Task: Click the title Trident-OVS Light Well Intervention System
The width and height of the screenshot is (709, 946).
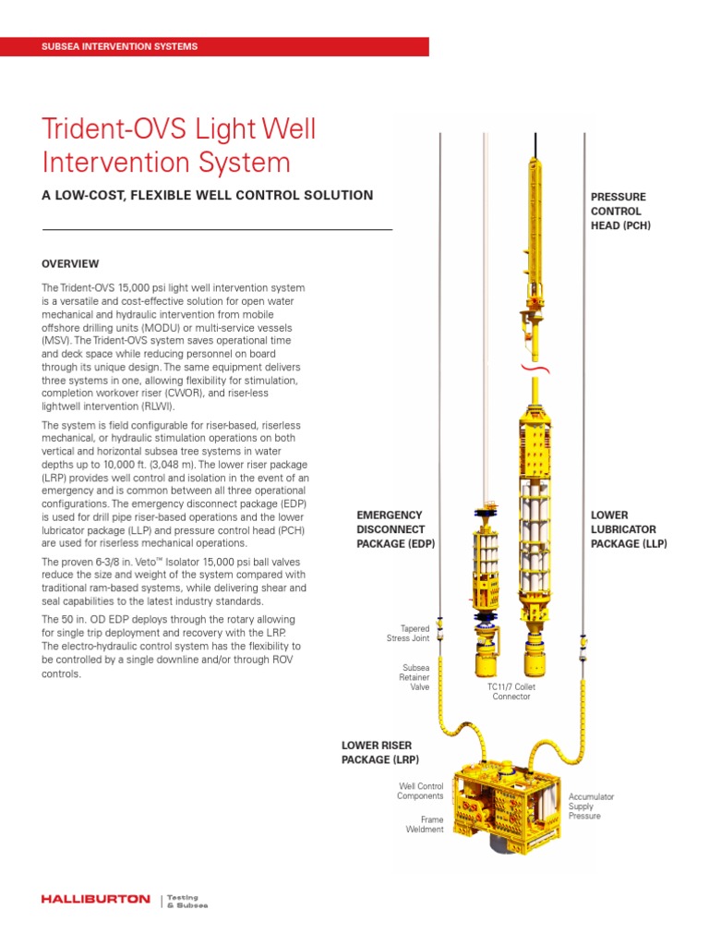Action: coord(180,146)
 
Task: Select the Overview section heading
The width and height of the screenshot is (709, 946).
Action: coord(70,264)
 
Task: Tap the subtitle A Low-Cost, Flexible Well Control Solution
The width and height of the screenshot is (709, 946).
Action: coord(208,196)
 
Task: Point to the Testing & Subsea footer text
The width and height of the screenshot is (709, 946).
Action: coord(186,901)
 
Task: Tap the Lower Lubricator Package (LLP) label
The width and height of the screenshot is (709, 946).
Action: coord(628,529)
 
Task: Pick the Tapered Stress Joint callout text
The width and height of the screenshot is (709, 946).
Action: coord(408,633)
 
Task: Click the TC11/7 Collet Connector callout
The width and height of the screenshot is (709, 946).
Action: coord(509,692)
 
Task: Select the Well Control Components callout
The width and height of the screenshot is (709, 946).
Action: coord(420,791)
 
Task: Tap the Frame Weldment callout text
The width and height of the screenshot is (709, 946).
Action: coord(425,824)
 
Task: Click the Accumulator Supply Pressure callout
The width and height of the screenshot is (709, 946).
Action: coord(591,806)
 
